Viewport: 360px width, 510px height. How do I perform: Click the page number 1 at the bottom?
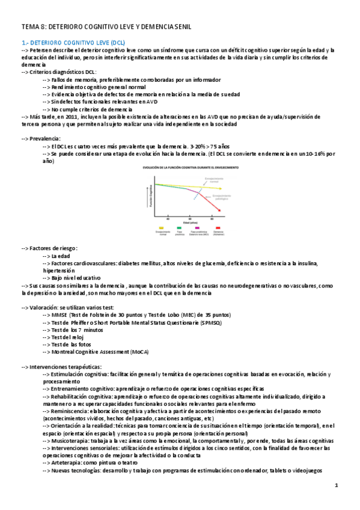click(337, 485)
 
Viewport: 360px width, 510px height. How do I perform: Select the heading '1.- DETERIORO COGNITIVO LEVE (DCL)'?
click(73, 43)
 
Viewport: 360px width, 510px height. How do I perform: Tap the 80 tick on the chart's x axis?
click(219, 219)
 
